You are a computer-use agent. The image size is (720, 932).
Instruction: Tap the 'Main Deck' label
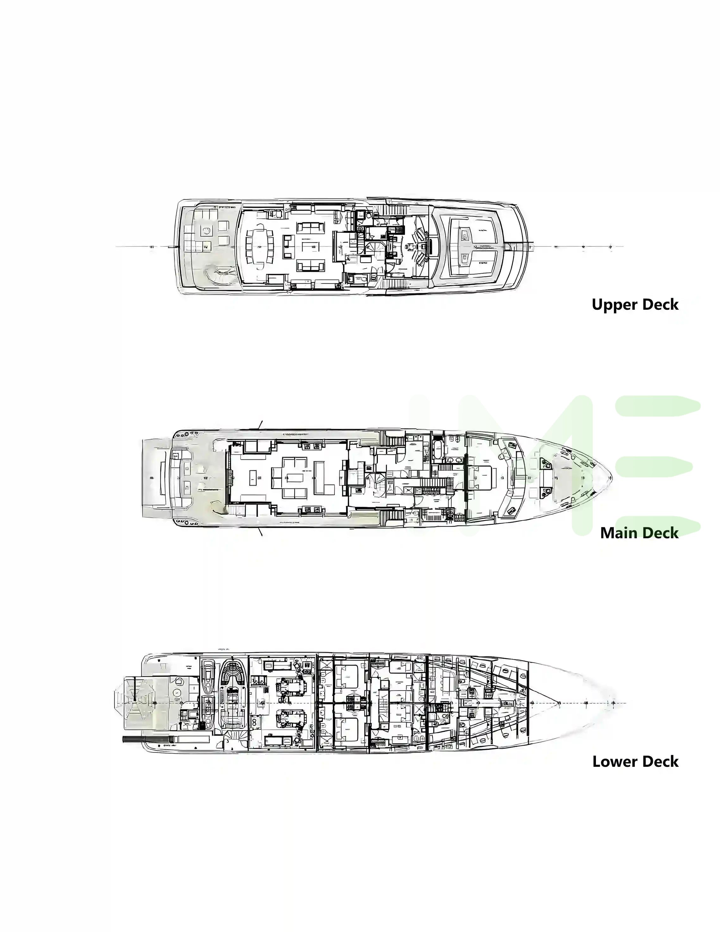(x=639, y=533)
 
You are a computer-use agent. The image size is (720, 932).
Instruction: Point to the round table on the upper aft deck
(x=207, y=231)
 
